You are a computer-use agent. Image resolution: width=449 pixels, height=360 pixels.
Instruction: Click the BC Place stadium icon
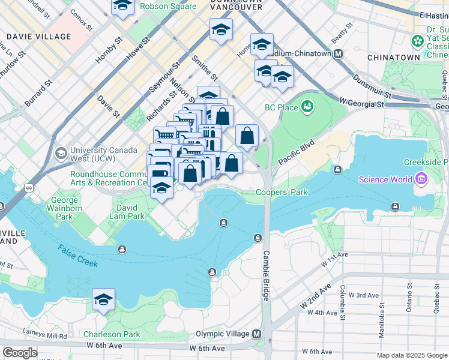308,107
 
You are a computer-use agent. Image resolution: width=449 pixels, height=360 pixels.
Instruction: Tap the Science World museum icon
420,179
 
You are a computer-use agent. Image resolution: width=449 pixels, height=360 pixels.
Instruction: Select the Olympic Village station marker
257,334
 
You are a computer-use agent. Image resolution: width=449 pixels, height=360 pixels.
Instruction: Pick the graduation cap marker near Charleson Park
103,300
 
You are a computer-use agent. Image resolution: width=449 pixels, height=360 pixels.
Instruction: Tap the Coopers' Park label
282,193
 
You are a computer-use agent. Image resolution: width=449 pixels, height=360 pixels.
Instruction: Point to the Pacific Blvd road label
297,154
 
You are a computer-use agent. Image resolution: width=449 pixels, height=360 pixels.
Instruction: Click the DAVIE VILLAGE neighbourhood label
38,37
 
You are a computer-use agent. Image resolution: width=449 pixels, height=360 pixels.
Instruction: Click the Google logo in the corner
19,352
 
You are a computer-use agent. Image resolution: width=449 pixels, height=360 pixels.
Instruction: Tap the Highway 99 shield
29,188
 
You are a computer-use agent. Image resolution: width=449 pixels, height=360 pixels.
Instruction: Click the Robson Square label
168,6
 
